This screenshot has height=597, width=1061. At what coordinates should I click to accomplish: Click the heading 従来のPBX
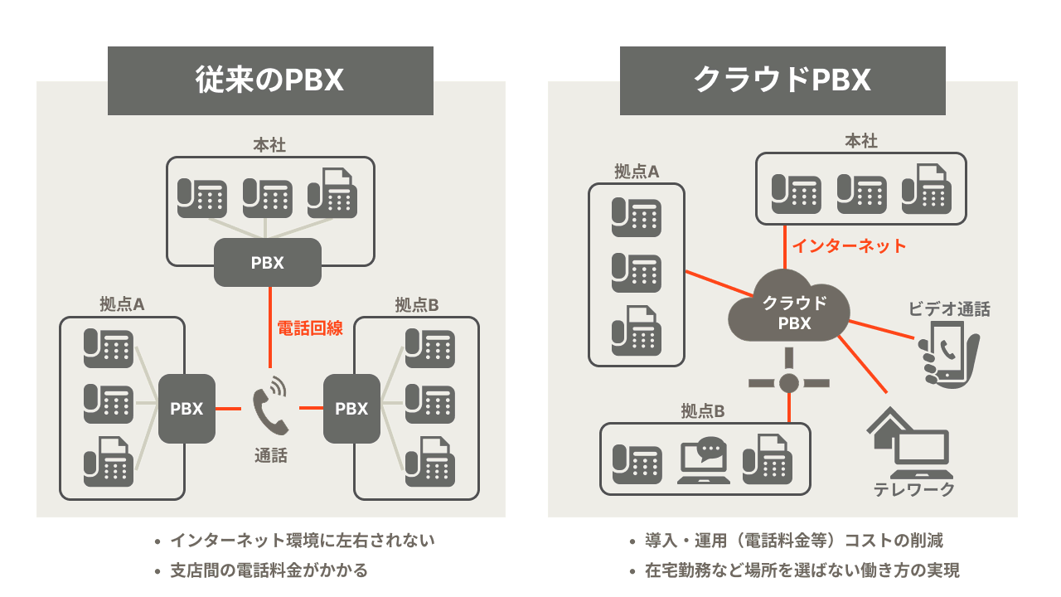pyautogui.click(x=270, y=80)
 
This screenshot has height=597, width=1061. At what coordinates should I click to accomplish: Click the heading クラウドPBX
pyautogui.click(x=782, y=80)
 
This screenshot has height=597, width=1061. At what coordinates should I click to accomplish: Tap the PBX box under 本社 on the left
pyautogui.click(x=268, y=263)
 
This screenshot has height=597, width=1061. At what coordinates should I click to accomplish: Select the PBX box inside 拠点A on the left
pyautogui.click(x=187, y=408)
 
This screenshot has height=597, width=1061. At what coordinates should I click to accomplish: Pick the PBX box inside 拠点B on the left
pyautogui.click(x=351, y=408)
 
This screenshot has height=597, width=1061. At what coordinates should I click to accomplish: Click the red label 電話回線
pyautogui.click(x=310, y=328)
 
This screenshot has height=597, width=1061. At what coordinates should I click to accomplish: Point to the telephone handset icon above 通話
pyautogui.click(x=269, y=405)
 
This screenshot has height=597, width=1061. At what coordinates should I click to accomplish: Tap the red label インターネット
pyautogui.click(x=849, y=245)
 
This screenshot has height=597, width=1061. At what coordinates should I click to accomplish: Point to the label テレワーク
pyautogui.click(x=914, y=489)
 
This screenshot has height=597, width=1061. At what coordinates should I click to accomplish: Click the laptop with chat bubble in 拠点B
pyautogui.click(x=704, y=461)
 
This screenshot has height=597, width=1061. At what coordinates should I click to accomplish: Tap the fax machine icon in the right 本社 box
pyautogui.click(x=926, y=187)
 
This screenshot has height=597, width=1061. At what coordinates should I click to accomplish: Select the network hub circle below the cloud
pyautogui.click(x=788, y=382)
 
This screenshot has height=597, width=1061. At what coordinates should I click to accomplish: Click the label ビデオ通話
pyautogui.click(x=949, y=309)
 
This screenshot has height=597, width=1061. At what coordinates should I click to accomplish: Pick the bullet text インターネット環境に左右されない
pyautogui.click(x=302, y=541)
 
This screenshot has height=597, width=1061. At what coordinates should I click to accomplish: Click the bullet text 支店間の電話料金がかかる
pyautogui.click(x=269, y=570)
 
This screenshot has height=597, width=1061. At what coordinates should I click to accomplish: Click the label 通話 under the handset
pyautogui.click(x=270, y=455)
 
